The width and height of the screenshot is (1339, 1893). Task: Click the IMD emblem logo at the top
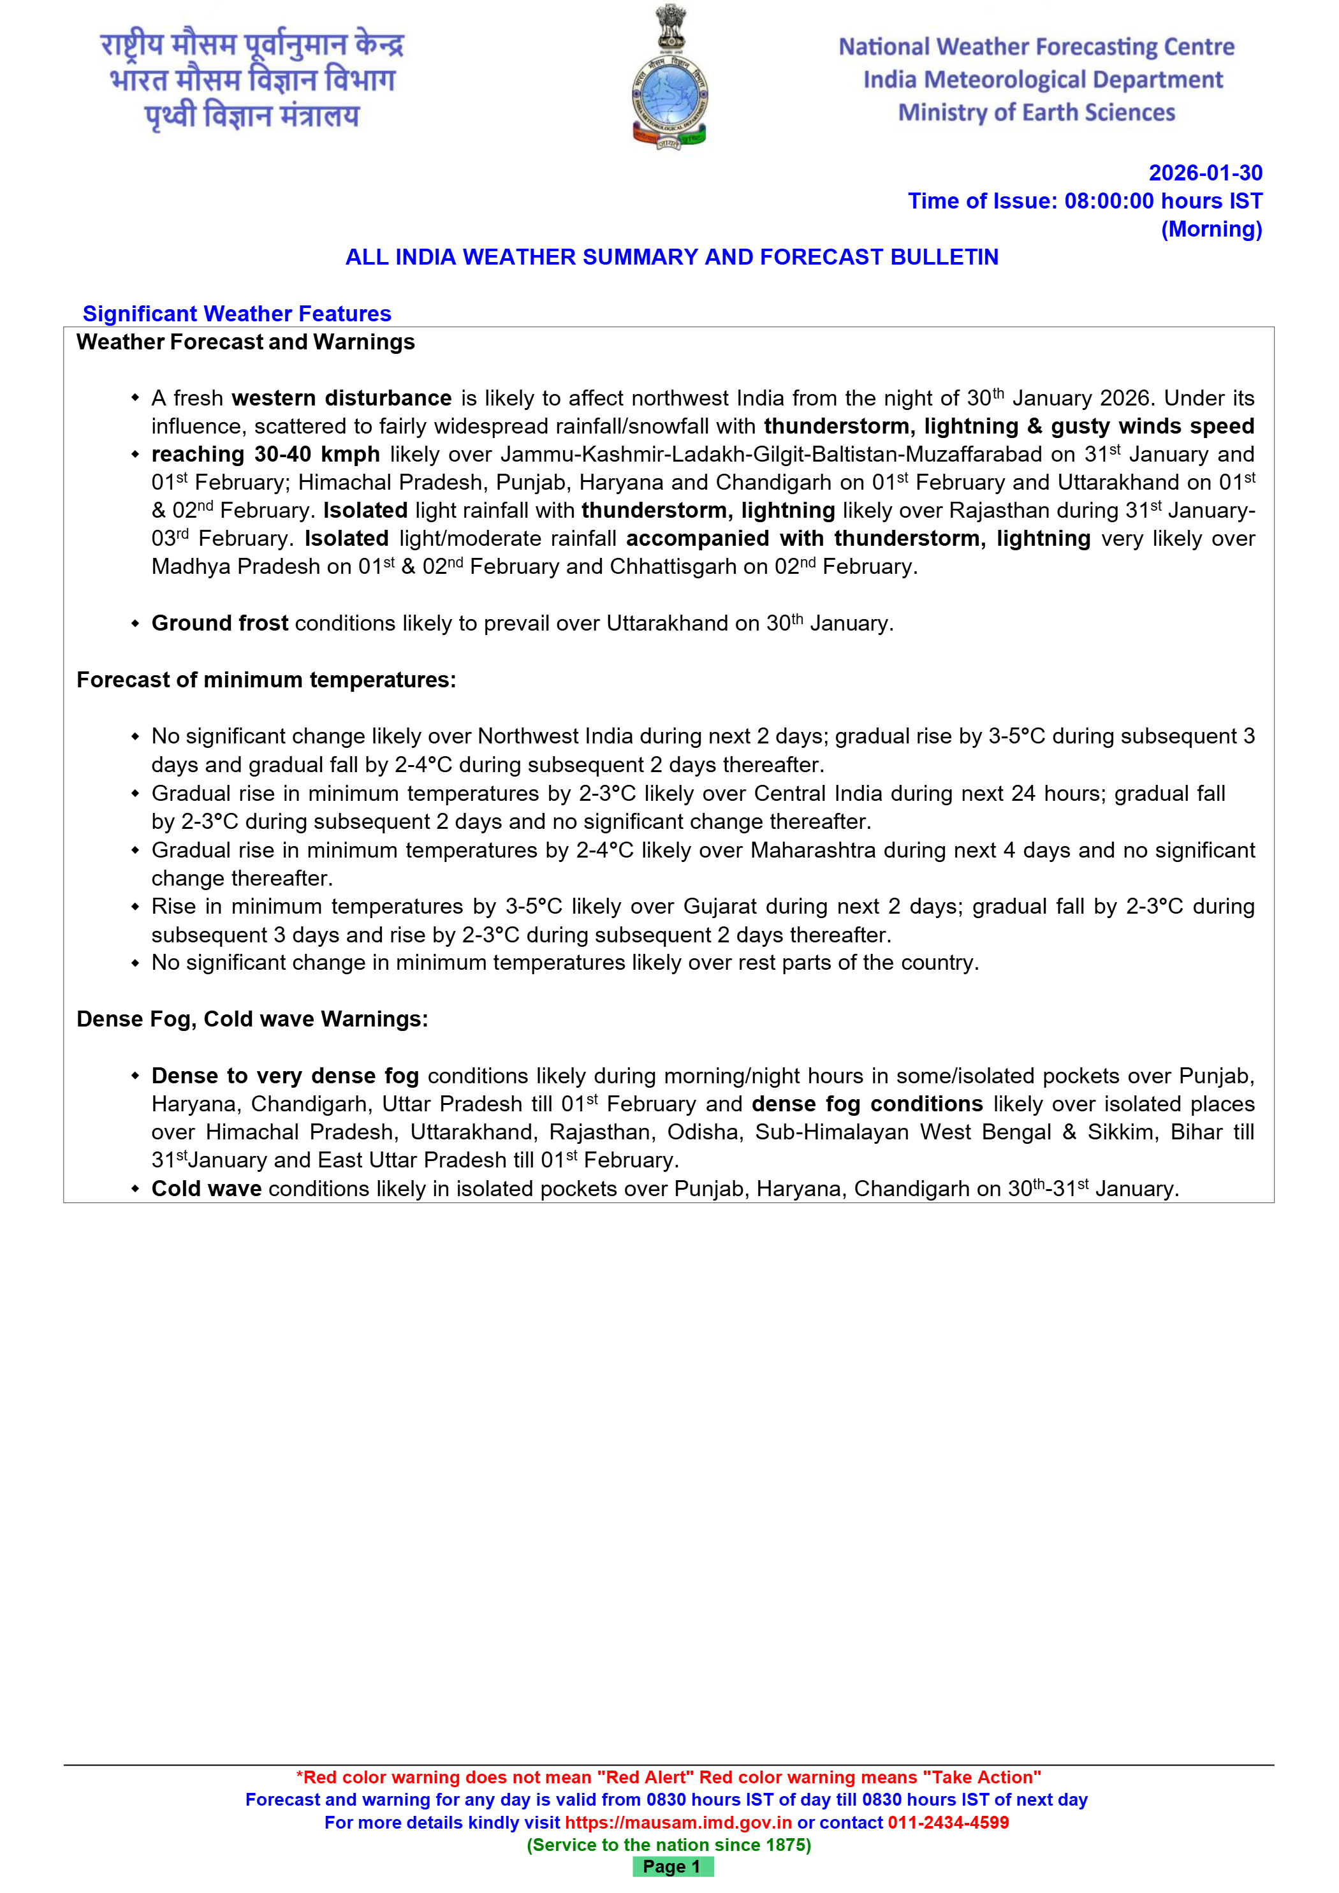669,78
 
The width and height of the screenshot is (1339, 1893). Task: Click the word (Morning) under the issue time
1211,229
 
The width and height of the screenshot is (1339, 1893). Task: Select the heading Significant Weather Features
237,314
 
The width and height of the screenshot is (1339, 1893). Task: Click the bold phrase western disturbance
341,398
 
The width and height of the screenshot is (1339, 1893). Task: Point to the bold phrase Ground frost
220,624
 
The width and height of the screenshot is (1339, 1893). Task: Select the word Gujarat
719,907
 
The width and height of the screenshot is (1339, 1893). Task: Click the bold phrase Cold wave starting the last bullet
206,1189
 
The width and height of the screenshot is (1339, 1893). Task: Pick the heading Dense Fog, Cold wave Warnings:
252,1020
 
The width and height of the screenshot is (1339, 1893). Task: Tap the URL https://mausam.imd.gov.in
678,1822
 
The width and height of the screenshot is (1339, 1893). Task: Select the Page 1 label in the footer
672,1867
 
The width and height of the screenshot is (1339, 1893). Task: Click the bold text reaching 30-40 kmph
265,455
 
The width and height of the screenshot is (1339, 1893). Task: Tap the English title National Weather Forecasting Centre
1036,47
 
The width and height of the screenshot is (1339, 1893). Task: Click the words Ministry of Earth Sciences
1036,113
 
